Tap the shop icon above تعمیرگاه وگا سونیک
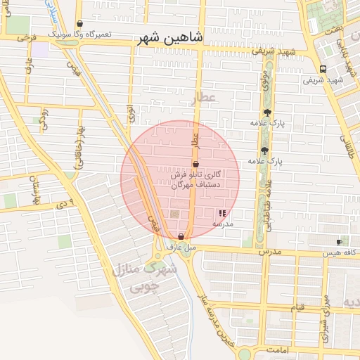[78, 24]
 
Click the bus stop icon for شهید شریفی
[323, 69]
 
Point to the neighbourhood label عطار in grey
[206, 96]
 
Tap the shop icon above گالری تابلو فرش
[195, 164]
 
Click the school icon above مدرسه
[223, 212]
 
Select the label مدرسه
[223, 222]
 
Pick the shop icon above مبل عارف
[181, 236]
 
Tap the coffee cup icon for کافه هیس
[340, 241]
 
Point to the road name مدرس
[269, 251]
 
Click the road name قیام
[298, 307]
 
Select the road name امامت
[298, 349]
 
